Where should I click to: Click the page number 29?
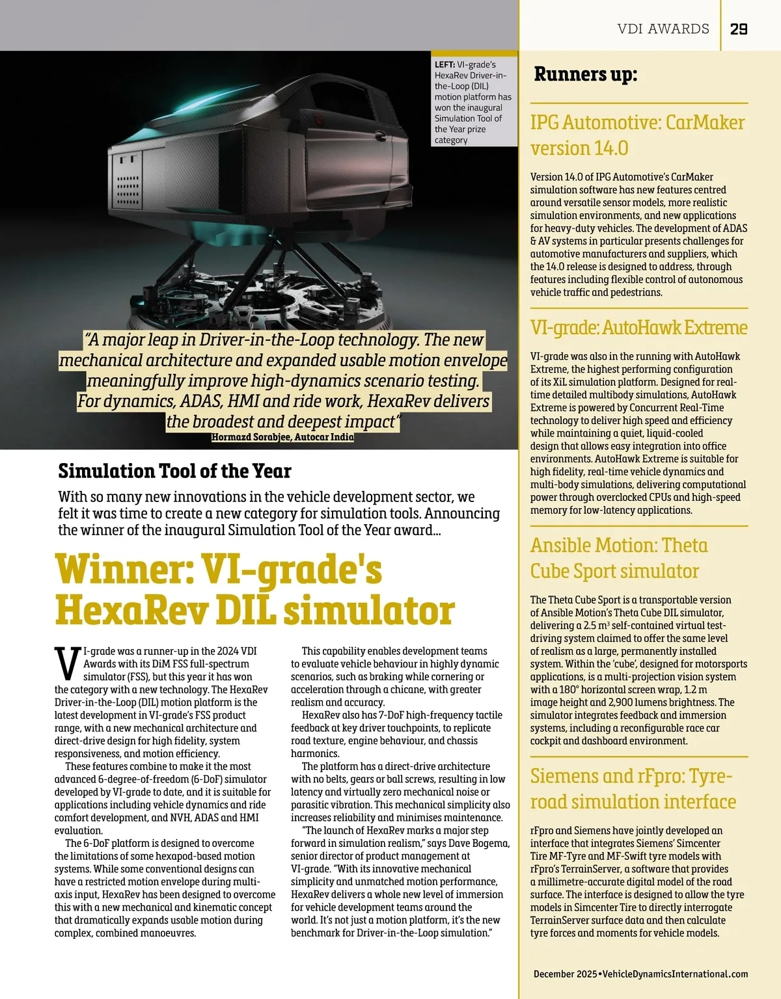(x=738, y=29)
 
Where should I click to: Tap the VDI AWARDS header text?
(x=663, y=29)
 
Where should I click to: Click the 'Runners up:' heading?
(x=585, y=74)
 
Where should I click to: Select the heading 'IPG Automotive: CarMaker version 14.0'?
(x=637, y=135)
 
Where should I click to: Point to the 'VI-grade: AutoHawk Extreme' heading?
(x=638, y=327)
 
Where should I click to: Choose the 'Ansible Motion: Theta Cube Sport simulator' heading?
(x=619, y=558)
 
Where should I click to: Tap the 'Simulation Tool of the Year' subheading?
(x=174, y=470)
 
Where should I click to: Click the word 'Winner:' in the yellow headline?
(x=123, y=570)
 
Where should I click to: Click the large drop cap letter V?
(x=68, y=663)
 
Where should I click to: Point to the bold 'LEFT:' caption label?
(x=445, y=65)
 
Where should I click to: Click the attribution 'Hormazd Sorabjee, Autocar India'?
(x=282, y=437)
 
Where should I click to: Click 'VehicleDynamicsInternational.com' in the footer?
(x=675, y=974)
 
